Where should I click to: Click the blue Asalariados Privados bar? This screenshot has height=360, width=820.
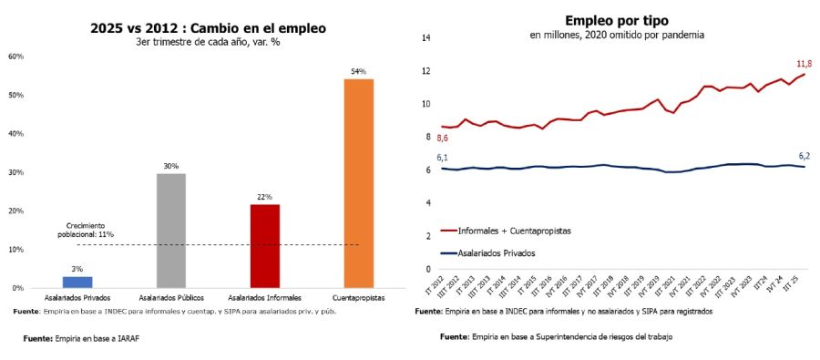77,282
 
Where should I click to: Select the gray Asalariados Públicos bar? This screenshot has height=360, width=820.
171,231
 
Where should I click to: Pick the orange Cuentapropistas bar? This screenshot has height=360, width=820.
358,183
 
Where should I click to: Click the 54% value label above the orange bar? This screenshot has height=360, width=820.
358,71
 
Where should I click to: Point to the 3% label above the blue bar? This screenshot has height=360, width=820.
77,269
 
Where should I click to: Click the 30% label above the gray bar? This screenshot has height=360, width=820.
171,166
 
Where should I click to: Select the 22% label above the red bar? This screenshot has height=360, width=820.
264,197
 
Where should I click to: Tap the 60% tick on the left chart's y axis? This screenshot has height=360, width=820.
15,57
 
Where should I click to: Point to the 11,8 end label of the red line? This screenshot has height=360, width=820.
805,64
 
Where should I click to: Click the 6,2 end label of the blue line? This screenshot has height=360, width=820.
805,156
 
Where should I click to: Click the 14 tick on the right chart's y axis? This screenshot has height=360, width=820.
425,37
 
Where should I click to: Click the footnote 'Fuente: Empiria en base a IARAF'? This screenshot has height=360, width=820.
87,337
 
